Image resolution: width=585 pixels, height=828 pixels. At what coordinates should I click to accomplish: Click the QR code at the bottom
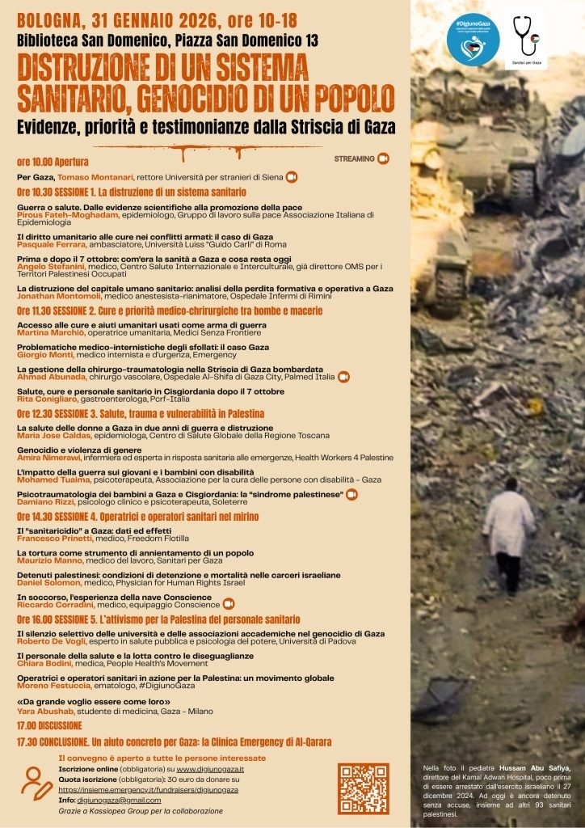[x=364, y=788]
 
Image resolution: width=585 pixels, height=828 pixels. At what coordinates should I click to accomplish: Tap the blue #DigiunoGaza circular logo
[x=473, y=38]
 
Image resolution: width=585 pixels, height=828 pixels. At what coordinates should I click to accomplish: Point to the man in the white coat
[x=509, y=534]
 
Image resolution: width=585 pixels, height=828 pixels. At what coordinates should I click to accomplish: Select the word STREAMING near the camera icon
[x=354, y=158]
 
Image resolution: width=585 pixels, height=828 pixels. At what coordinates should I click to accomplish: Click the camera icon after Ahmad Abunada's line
[x=343, y=376]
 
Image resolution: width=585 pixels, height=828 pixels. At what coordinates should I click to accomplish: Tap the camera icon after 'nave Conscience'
[x=229, y=603]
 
